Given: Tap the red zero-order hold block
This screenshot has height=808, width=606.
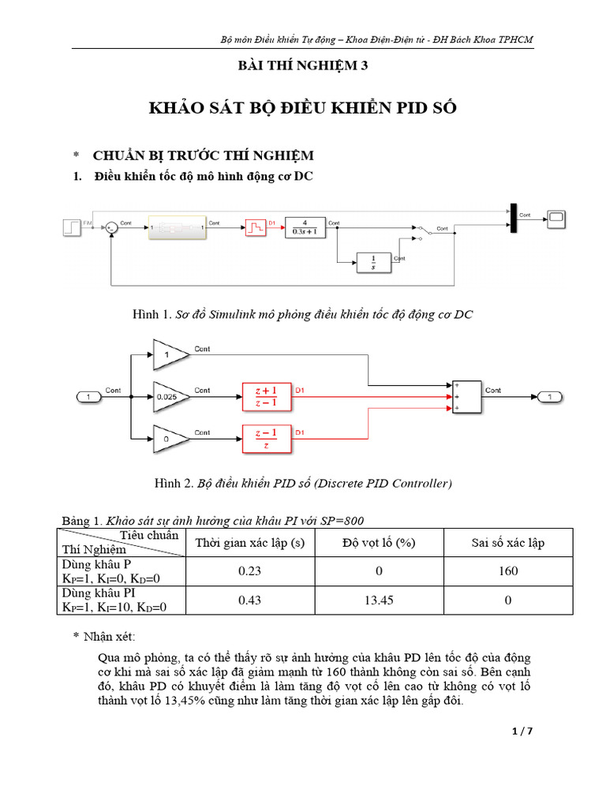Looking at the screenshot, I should coord(255,228).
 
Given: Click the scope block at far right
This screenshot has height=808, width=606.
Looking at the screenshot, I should coord(558,216).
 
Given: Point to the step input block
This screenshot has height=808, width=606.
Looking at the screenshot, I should coord(70,228).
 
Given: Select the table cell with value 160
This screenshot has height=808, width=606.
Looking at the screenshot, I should coord(508,571).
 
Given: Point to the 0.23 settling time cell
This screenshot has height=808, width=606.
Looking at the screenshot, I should coord(249,571).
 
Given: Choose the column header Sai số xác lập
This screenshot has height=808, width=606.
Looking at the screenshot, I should coord(508,543).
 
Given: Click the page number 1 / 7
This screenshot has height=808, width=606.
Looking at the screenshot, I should coord(522,731).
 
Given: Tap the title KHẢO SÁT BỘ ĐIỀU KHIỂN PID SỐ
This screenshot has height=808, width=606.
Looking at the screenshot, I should coord(303,108).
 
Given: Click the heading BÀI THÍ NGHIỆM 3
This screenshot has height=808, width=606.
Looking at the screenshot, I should coord(303,66).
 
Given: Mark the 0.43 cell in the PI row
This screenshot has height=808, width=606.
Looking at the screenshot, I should coord(249,600).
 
